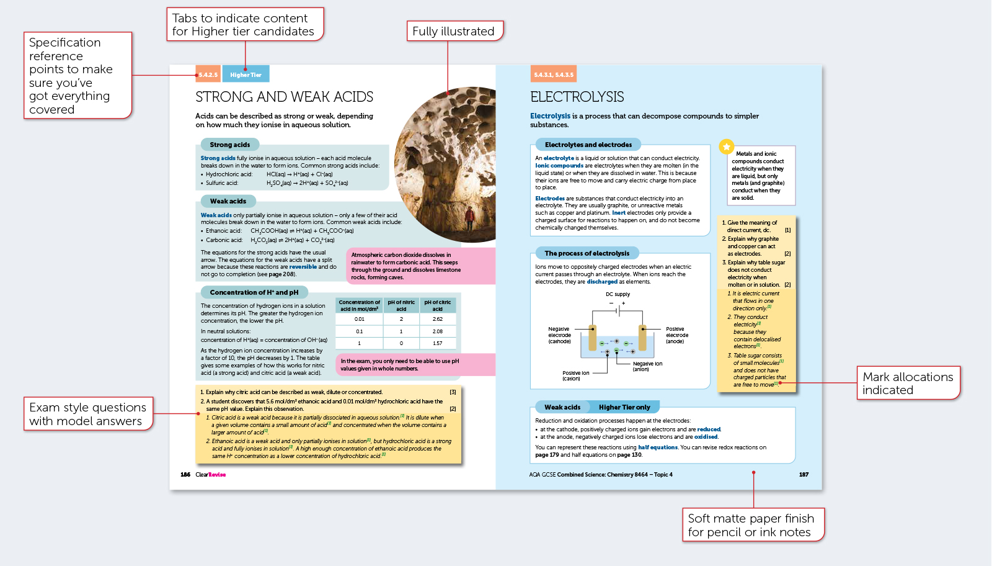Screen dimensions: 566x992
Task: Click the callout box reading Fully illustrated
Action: click(x=454, y=31)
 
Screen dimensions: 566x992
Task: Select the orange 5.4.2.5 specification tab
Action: click(x=208, y=74)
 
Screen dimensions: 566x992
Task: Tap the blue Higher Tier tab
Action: click(x=246, y=74)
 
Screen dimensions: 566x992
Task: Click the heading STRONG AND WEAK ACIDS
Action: click(x=285, y=97)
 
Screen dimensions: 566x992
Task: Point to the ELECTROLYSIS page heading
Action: click(x=577, y=97)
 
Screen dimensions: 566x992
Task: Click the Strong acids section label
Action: click(x=229, y=145)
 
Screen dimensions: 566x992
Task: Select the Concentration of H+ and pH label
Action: click(x=254, y=292)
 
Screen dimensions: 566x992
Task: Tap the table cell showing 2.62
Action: click(x=438, y=319)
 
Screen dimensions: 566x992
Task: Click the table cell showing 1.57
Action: click(x=438, y=343)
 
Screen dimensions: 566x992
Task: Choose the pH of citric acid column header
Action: click(x=438, y=305)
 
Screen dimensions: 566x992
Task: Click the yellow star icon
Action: click(x=726, y=146)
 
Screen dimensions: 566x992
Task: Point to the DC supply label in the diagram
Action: click(x=618, y=294)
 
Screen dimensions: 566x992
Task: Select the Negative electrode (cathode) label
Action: click(x=559, y=335)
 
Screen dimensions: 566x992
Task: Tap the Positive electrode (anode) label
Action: click(x=676, y=335)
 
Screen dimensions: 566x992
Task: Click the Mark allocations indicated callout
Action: click(x=908, y=383)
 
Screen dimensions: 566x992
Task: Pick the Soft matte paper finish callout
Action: click(x=750, y=525)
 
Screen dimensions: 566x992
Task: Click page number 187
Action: click(x=804, y=475)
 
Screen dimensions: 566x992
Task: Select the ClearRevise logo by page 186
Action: click(x=210, y=475)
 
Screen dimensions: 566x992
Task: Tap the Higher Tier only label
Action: click(x=624, y=407)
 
